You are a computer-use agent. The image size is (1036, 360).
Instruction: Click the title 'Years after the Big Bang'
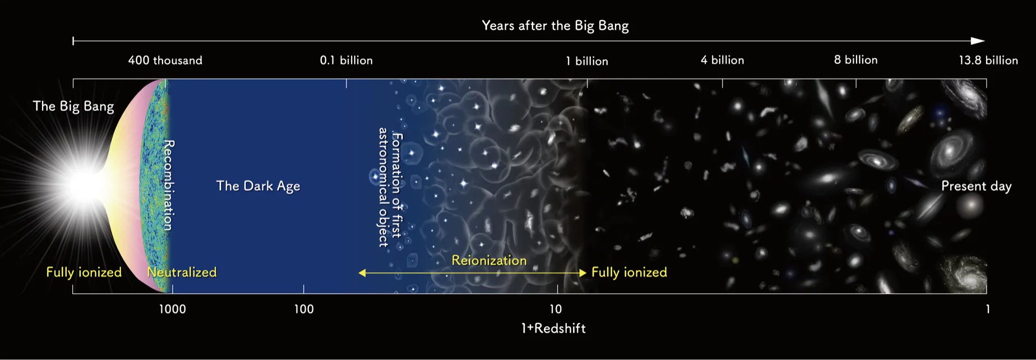(x=555, y=26)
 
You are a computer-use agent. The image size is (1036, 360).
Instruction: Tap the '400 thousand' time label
(x=165, y=61)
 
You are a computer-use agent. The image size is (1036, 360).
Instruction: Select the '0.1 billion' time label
(x=346, y=61)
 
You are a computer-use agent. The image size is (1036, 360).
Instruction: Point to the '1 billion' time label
(x=586, y=61)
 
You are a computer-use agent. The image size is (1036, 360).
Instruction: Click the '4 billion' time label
(x=722, y=60)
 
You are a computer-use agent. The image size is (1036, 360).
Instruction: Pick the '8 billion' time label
(x=855, y=60)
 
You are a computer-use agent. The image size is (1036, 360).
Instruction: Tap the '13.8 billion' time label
(x=988, y=61)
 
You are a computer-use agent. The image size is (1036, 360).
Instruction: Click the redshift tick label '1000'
(x=172, y=309)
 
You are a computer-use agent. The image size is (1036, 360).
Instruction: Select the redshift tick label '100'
(x=304, y=309)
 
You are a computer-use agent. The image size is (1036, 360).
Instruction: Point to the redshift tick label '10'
(x=555, y=309)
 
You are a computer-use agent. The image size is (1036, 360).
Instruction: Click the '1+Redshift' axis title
(x=553, y=329)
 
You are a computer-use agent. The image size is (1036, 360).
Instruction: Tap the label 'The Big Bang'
(x=73, y=107)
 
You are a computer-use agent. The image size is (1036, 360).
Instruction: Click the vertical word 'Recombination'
(x=168, y=185)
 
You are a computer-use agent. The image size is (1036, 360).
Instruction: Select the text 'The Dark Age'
(x=258, y=186)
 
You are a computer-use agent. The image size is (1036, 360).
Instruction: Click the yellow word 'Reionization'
(x=489, y=260)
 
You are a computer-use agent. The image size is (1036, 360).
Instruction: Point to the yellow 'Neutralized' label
(x=182, y=273)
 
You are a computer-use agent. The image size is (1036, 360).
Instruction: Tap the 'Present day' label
(x=976, y=186)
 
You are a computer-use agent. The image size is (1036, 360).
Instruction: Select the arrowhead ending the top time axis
(x=978, y=41)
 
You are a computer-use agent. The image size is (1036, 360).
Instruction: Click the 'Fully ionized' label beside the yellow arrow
(x=629, y=273)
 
